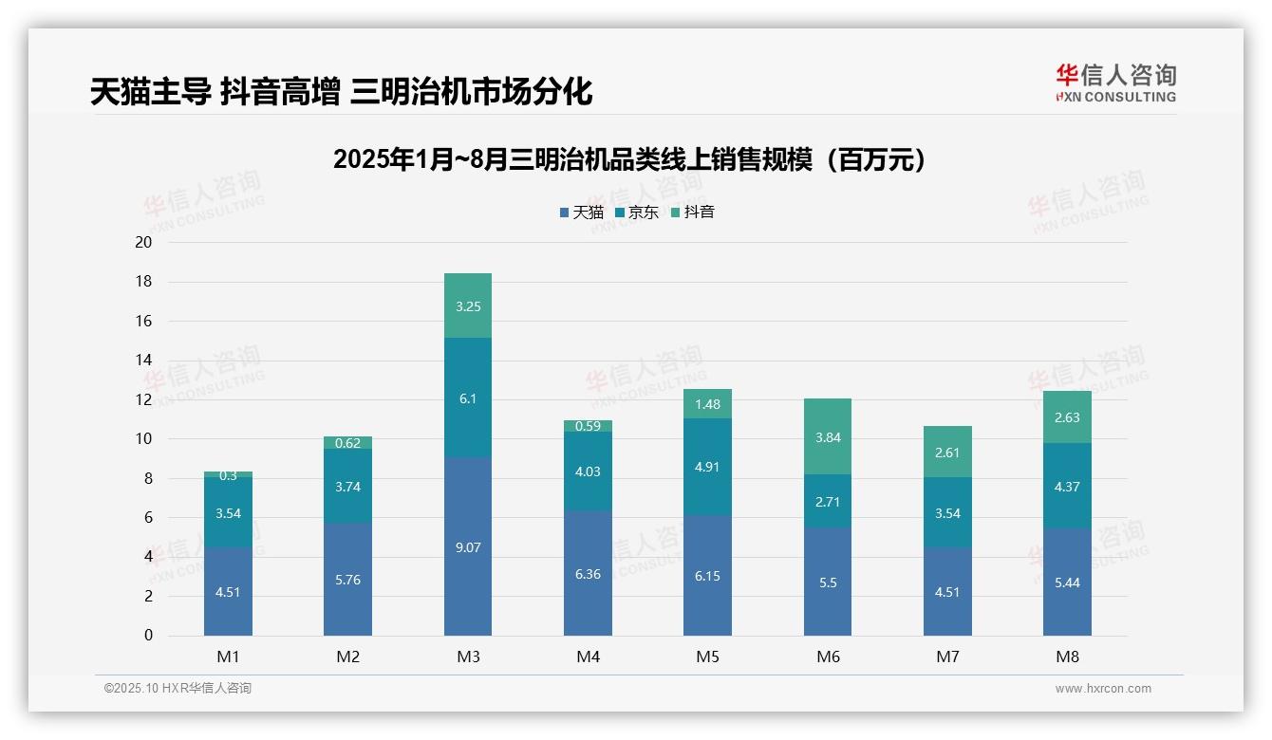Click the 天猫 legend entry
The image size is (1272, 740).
(x=581, y=213)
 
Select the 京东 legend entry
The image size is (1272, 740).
(x=636, y=213)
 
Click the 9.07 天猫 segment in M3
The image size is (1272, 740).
(x=468, y=546)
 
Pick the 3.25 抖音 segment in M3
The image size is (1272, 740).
(x=468, y=305)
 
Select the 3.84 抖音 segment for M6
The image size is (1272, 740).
(x=828, y=436)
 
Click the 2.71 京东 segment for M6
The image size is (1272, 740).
(x=828, y=501)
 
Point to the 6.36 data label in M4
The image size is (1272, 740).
(x=588, y=573)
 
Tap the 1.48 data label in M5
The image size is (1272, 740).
(x=708, y=404)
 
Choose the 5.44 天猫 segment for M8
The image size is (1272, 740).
(x=1067, y=582)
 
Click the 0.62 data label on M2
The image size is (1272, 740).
(x=347, y=442)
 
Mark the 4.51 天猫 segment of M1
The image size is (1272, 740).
(x=228, y=591)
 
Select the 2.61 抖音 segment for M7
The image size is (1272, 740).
(x=947, y=452)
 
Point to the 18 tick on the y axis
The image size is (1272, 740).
(x=144, y=282)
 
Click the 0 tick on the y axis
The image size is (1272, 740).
(x=148, y=636)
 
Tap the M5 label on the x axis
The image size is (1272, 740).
(x=708, y=657)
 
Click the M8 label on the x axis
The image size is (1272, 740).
(x=1067, y=657)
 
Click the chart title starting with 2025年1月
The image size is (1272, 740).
(x=629, y=159)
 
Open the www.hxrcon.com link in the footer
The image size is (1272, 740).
(x=1103, y=689)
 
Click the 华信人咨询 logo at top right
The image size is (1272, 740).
(x=1115, y=83)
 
